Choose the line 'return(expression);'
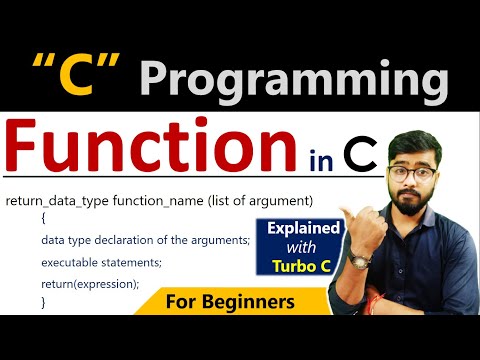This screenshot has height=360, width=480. click(x=90, y=283)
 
